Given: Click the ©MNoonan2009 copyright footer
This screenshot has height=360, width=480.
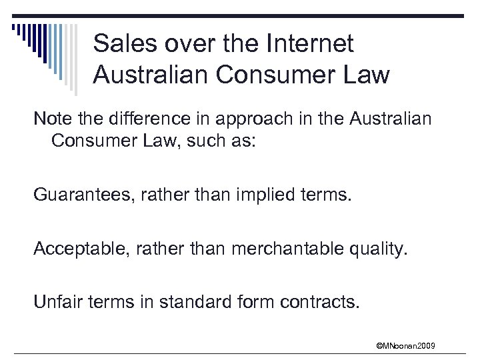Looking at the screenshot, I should coord(405,345).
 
